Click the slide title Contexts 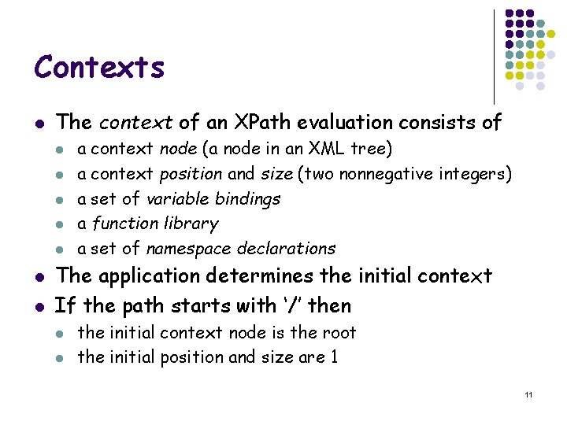(99, 67)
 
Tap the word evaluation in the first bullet (343, 122)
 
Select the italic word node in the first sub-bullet (176, 149)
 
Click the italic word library (190, 224)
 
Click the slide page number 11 (528, 394)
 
